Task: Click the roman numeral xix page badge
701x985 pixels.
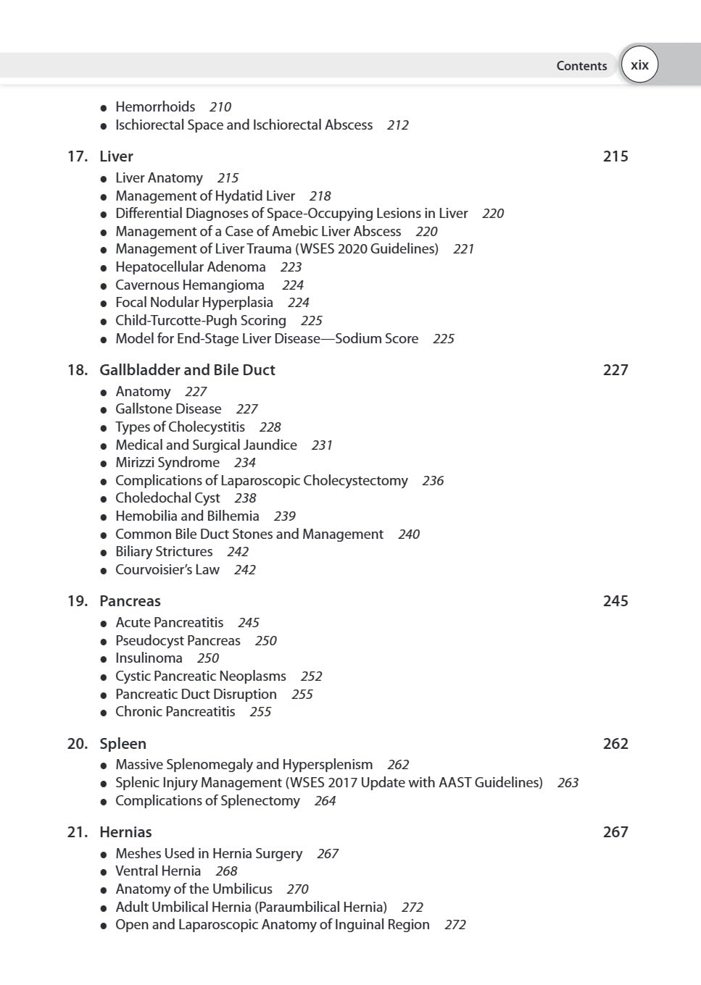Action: pyautogui.click(x=639, y=65)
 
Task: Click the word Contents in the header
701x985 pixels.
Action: pyautogui.click(x=581, y=66)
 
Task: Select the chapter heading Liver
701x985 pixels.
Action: pyautogui.click(x=116, y=156)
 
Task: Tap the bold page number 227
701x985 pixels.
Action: pyautogui.click(x=615, y=370)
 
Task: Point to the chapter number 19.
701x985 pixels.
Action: pyautogui.click(x=77, y=601)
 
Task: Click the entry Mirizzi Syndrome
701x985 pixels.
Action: pyautogui.click(x=167, y=463)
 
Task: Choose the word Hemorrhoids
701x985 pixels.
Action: pyautogui.click(x=155, y=107)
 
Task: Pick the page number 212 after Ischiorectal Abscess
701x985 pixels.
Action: pyautogui.click(x=398, y=125)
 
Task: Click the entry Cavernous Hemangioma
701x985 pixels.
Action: pyautogui.click(x=190, y=285)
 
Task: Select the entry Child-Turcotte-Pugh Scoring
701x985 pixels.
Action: pyautogui.click(x=201, y=321)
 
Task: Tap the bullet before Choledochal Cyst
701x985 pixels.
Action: pyautogui.click(x=104, y=499)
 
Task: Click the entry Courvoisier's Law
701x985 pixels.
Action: pyautogui.click(x=167, y=570)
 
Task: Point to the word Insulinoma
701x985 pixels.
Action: pyautogui.click(x=149, y=658)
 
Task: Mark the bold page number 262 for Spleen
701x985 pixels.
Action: pyautogui.click(x=615, y=744)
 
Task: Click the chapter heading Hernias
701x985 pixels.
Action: pyautogui.click(x=125, y=832)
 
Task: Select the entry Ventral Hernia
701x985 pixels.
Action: pyautogui.click(x=158, y=871)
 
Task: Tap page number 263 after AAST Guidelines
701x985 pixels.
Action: pyautogui.click(x=568, y=783)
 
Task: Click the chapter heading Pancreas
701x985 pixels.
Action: pyautogui.click(x=130, y=601)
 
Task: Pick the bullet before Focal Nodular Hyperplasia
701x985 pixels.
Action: pyautogui.click(x=104, y=303)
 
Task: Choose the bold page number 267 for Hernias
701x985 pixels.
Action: pyautogui.click(x=615, y=832)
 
